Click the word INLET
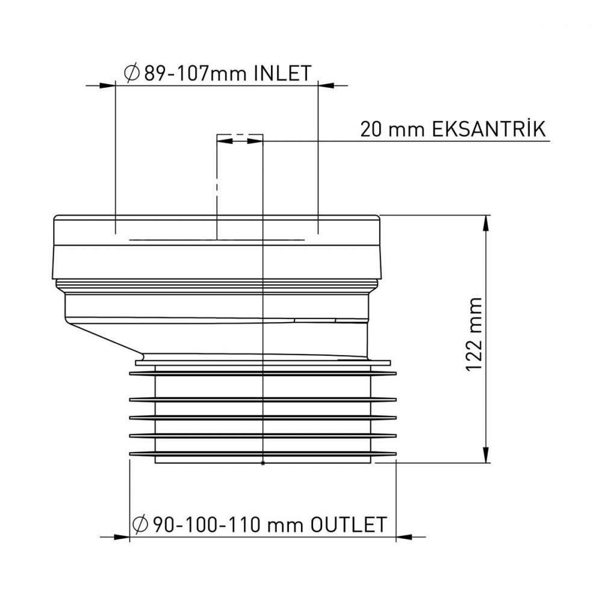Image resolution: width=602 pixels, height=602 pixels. (282, 73)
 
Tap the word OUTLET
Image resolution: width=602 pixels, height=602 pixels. (349, 524)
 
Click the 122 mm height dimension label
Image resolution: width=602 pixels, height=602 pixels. (474, 334)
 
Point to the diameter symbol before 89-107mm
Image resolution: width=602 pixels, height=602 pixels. (132, 73)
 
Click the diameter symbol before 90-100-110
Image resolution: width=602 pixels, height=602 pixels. (140, 524)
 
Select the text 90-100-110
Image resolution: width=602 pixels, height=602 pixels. (208, 525)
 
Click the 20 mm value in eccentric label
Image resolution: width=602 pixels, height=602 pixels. (393, 129)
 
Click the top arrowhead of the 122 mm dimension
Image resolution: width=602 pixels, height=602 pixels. (486, 222)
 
